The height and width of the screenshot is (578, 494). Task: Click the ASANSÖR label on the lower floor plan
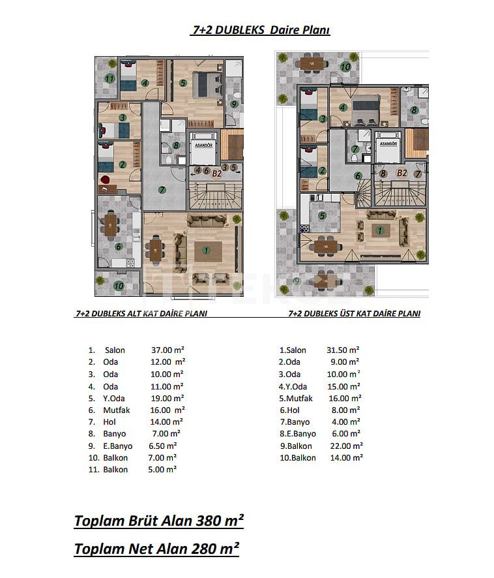click(x=204, y=145)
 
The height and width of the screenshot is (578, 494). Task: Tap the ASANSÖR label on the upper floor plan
click(x=388, y=144)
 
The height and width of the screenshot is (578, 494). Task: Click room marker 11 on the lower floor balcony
click(x=109, y=78)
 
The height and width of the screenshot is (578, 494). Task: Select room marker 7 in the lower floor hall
click(x=162, y=190)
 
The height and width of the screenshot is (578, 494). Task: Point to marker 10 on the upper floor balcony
click(x=345, y=67)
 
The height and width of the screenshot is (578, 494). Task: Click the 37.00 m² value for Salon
click(x=167, y=350)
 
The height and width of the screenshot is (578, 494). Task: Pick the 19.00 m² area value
click(x=167, y=399)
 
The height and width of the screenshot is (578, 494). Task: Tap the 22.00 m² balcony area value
click(x=347, y=446)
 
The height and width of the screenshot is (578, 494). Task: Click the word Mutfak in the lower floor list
click(x=117, y=410)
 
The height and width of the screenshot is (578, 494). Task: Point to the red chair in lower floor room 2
click(x=105, y=180)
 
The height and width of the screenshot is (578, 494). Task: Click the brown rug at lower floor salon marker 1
click(x=208, y=251)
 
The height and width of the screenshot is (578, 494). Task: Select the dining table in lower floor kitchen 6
click(x=110, y=226)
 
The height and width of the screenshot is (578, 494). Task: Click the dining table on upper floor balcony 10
click(x=312, y=63)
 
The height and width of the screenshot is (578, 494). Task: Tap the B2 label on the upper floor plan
click(x=402, y=173)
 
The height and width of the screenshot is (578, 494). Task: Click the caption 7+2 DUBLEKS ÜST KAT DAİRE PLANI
click(x=355, y=314)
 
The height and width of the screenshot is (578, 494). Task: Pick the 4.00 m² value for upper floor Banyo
click(x=345, y=421)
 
